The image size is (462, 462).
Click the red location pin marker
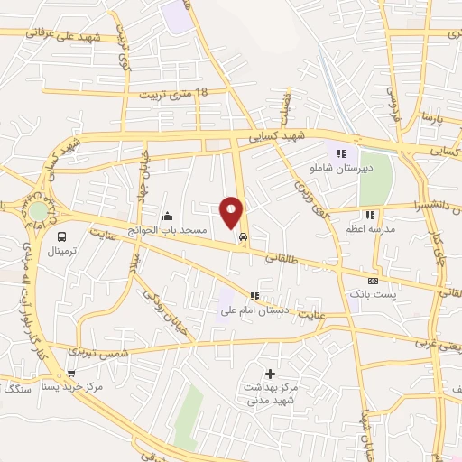pos(232,211)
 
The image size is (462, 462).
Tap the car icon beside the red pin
pos(244,237)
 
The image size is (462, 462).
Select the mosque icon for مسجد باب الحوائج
pos(168,217)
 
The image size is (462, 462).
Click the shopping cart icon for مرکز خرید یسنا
pos(71,373)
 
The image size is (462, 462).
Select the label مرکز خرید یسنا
pos(72,386)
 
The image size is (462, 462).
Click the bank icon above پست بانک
pos(373,282)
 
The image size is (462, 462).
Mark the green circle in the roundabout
pos(37,210)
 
